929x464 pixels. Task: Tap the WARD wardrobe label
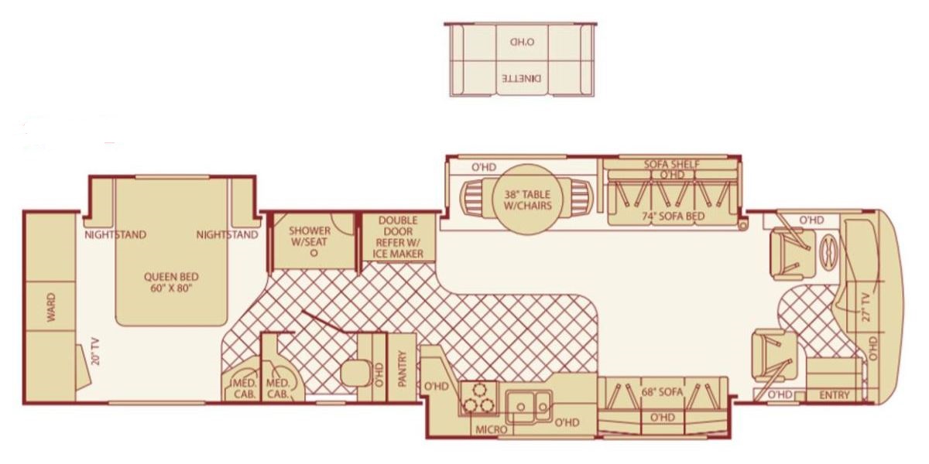tap(51, 307)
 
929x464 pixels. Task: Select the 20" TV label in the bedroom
tap(95, 351)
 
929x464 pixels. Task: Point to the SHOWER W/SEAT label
tap(310, 236)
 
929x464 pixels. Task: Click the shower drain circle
tap(314, 253)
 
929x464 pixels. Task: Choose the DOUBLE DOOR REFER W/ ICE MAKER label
tap(398, 237)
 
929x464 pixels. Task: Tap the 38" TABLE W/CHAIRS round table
tap(527, 200)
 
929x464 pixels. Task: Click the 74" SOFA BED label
tap(673, 216)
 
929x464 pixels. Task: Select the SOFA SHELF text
tap(671, 164)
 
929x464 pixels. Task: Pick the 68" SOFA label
tap(662, 391)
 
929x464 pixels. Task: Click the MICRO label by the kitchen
tap(491, 430)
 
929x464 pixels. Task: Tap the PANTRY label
tap(402, 369)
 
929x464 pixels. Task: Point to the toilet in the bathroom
tap(357, 373)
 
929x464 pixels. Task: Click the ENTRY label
tap(835, 395)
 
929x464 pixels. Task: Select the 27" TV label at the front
tap(867, 307)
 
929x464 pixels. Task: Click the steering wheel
tap(828, 252)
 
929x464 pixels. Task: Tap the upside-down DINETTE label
tap(522, 78)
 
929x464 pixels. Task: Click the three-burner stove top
tap(478, 398)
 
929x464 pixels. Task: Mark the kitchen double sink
tap(530, 407)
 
